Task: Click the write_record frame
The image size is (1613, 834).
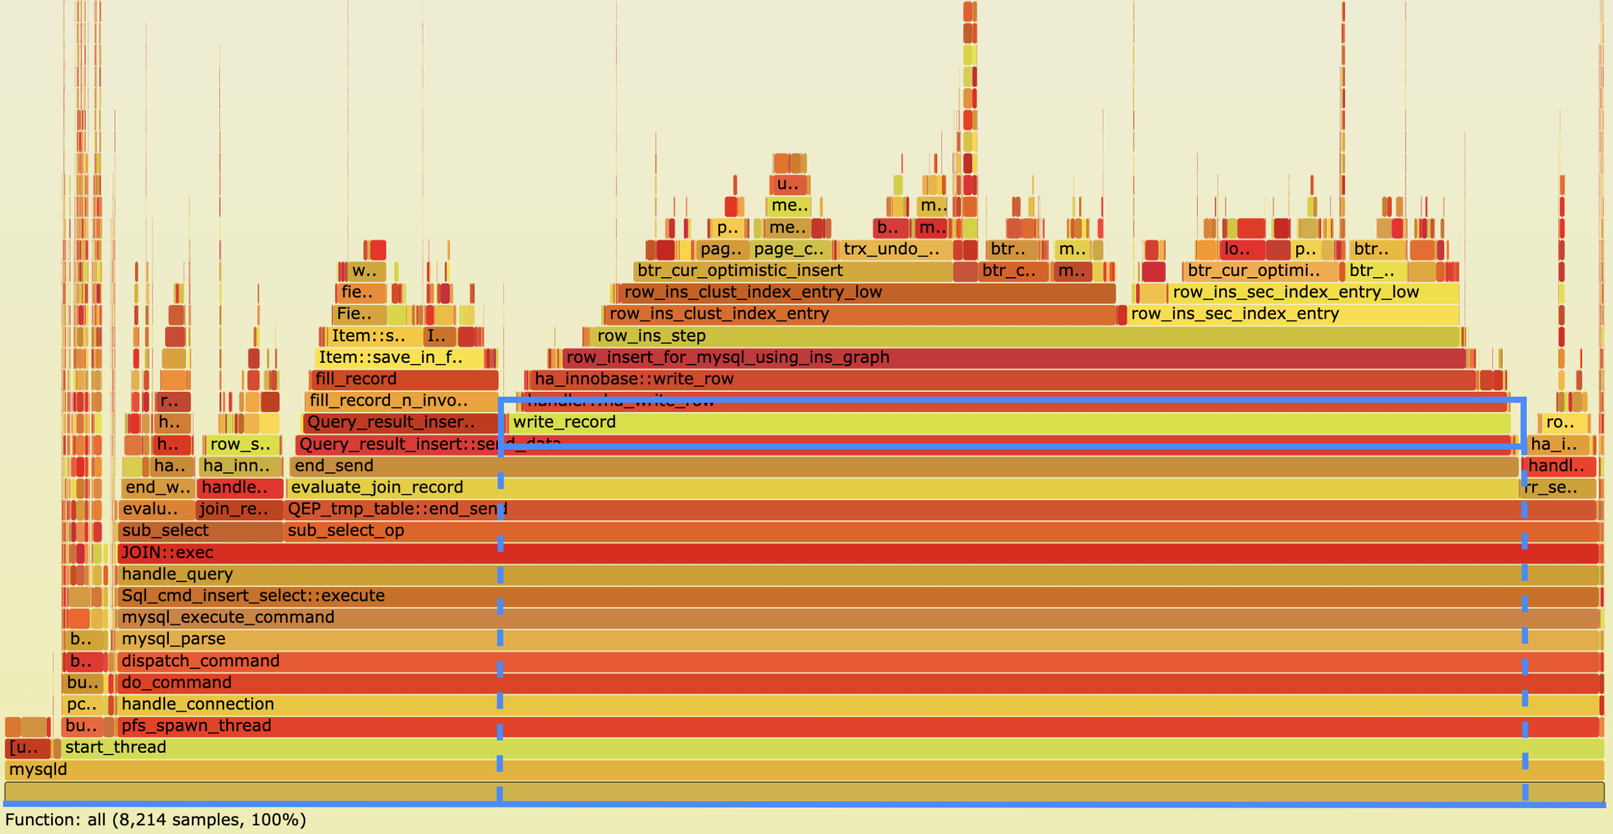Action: tap(1008, 422)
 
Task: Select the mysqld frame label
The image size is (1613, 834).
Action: tap(38, 769)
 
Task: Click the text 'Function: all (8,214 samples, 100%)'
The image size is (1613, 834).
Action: tap(156, 820)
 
